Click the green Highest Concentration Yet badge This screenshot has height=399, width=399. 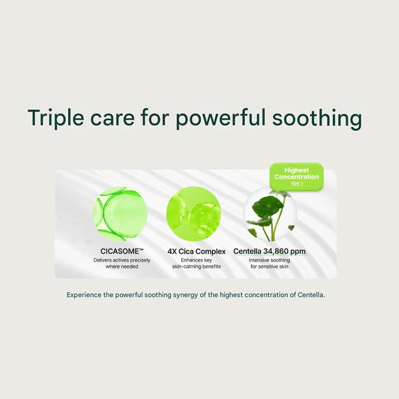click(296, 177)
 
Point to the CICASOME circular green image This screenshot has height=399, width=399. click(120, 214)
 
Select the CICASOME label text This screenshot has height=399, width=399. click(122, 251)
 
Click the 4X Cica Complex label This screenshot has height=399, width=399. click(197, 251)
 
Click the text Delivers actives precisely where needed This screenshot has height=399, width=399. click(122, 263)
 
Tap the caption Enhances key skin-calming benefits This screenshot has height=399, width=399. click(197, 263)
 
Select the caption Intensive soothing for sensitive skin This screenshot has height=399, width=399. click(269, 263)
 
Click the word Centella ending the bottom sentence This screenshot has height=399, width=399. click(311, 295)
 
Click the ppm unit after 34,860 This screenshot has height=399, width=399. click(298, 251)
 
